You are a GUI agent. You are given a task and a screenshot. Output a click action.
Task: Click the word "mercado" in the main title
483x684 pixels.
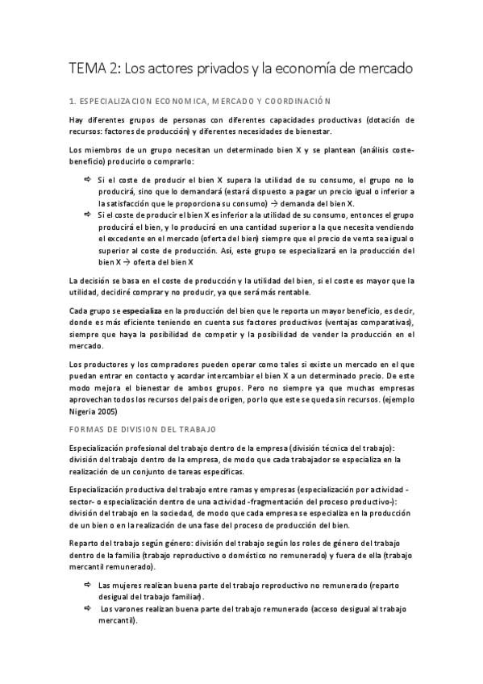382,69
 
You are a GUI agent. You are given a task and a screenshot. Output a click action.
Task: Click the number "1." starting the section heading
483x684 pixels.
72,101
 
